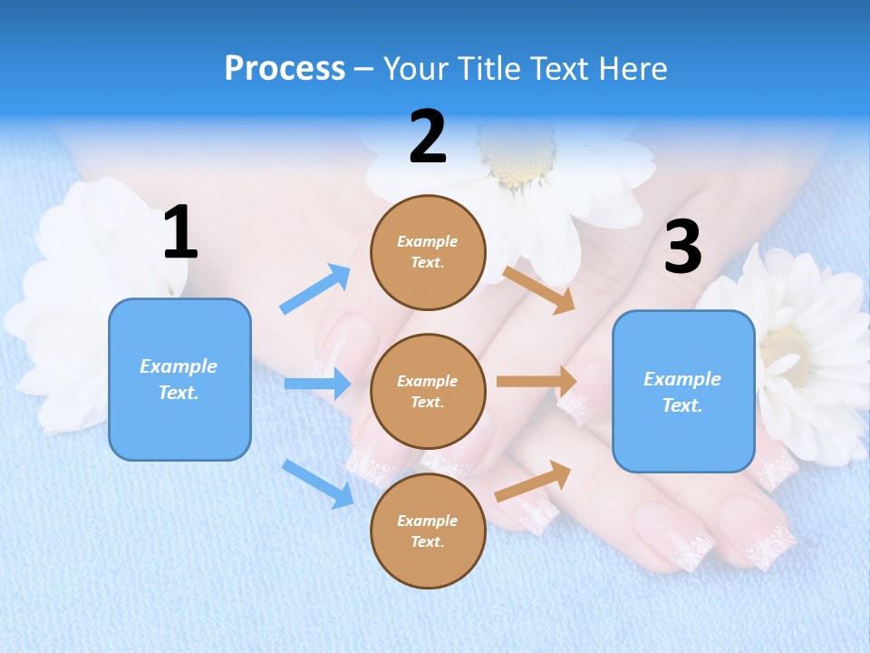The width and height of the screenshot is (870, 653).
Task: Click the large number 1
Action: pos(180,232)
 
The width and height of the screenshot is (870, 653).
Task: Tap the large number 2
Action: pos(428,137)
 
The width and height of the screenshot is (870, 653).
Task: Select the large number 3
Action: pos(682,248)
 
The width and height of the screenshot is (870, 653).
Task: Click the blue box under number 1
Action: pos(179,379)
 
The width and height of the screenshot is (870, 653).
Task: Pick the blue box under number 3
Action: pos(683,391)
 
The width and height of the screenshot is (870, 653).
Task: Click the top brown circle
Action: pos(428,252)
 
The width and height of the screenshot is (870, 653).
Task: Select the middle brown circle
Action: pos(428,391)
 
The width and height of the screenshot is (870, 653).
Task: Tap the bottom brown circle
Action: pos(428,531)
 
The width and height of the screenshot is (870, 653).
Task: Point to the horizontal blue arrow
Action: pos(317,384)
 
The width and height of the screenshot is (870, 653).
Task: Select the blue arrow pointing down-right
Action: pos(318,483)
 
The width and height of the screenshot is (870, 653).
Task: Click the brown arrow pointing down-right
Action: pos(539,289)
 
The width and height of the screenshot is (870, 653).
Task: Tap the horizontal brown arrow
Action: pos(537,382)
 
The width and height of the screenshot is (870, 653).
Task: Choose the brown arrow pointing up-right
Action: pos(534,481)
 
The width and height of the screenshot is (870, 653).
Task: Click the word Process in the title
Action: pos(285,68)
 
